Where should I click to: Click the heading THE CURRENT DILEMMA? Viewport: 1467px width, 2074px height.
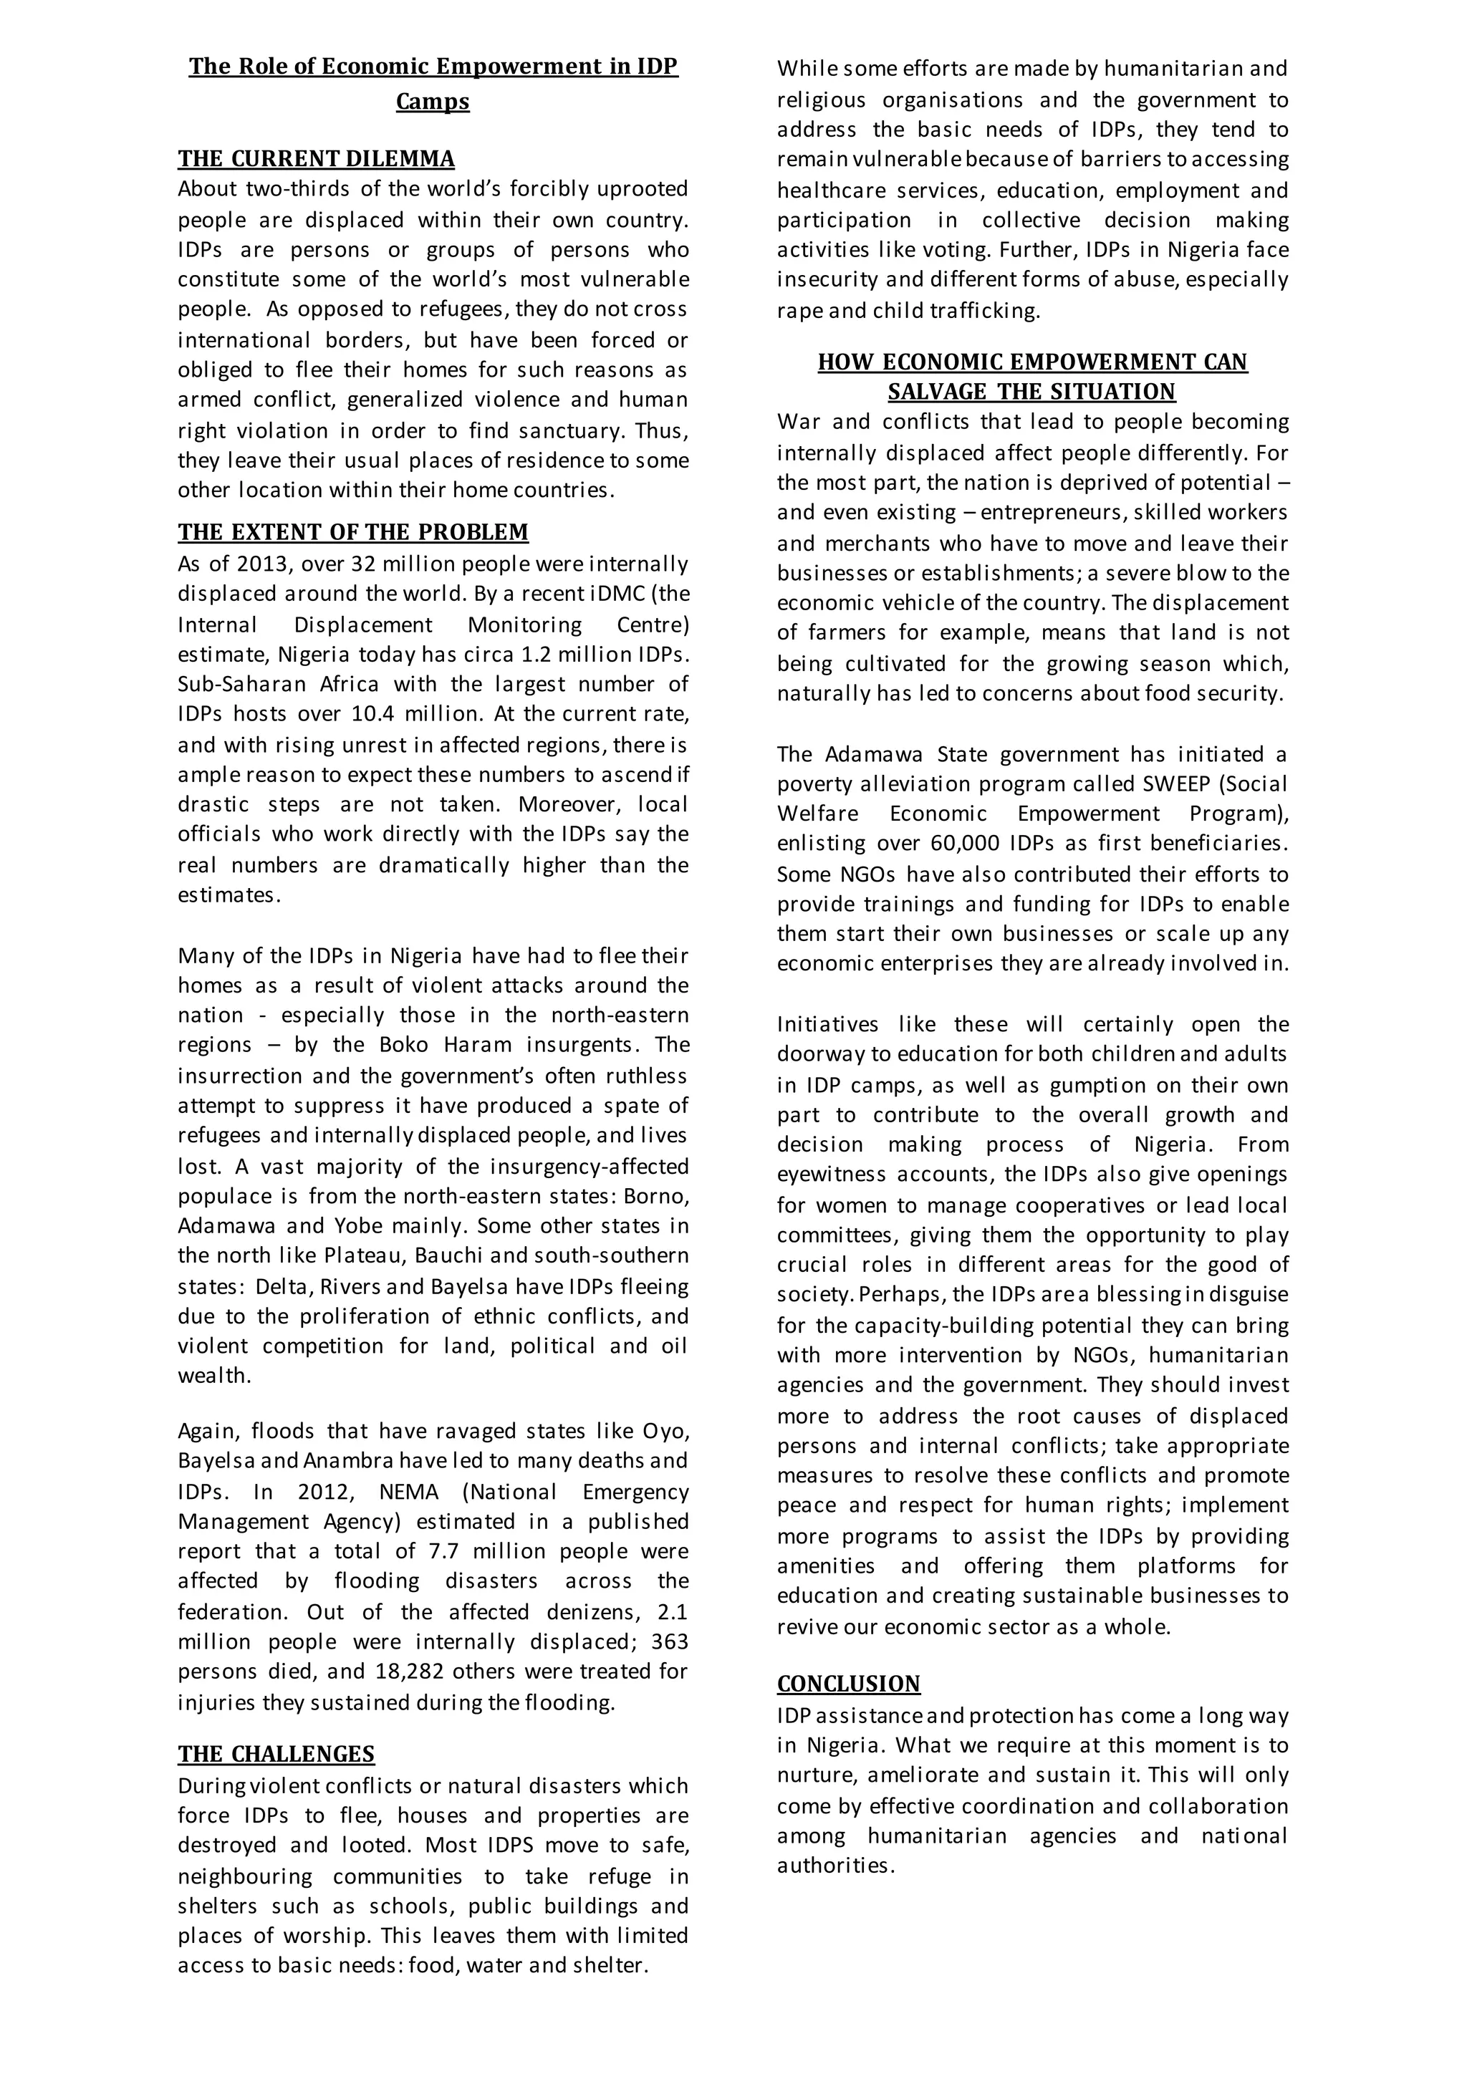coord(316,159)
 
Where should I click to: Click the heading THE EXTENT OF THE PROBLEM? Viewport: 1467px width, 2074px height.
coord(353,532)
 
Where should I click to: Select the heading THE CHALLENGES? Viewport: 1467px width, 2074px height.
coord(276,1754)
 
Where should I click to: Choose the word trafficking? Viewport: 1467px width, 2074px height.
coord(985,311)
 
